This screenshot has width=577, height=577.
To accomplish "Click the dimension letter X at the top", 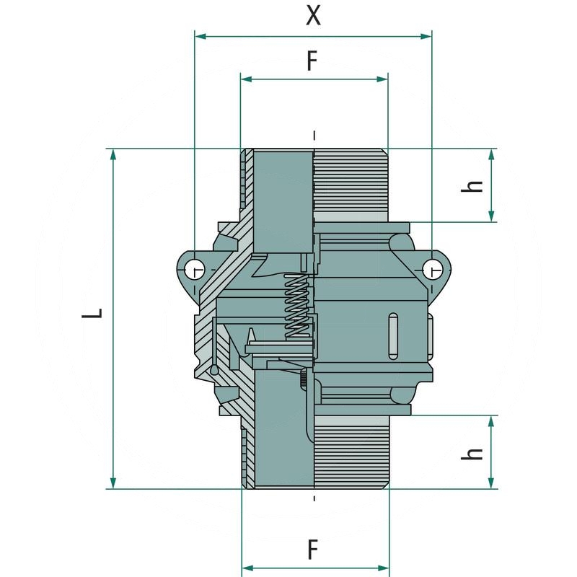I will [x=313, y=15].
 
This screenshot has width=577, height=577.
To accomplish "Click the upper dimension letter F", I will [x=312, y=61].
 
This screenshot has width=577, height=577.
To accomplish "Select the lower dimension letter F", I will [x=312, y=550].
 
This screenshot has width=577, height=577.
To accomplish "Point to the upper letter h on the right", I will [x=473, y=185].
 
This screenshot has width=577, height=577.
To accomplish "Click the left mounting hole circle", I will [x=193, y=270].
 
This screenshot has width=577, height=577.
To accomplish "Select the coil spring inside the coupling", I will [x=296, y=306].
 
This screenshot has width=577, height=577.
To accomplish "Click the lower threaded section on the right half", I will [x=351, y=454].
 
